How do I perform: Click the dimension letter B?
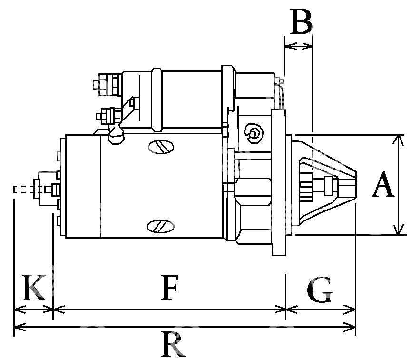click(301, 21)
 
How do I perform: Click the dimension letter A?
click(383, 184)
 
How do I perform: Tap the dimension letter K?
click(34, 288)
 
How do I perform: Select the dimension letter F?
click(169, 288)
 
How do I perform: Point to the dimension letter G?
click(320, 289)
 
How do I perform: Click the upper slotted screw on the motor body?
click(161, 147)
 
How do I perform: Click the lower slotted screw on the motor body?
click(160, 226)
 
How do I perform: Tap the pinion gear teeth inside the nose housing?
click(306, 187)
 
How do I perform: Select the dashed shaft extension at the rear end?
click(24, 190)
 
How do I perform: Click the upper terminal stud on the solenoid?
click(107, 85)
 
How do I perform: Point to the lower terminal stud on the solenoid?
click(108, 116)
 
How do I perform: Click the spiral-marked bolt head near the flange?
click(254, 133)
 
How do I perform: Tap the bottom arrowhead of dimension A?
click(398, 230)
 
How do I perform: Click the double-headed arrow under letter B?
click(299, 47)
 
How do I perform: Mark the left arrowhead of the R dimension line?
click(20, 327)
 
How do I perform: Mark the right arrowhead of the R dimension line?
click(350, 327)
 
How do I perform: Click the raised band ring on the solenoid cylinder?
click(157, 100)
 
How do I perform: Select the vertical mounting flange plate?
click(278, 182)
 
